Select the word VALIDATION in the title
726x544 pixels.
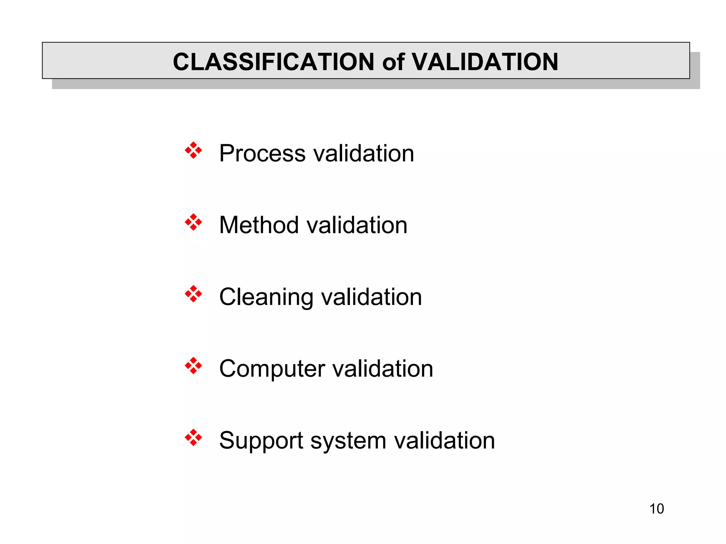coord(485,62)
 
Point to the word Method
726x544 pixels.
coord(259,225)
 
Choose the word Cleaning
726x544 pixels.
coord(266,297)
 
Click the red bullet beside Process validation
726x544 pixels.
coord(193,151)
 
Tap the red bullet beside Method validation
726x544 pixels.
coord(193,222)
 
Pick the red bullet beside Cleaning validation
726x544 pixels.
coord(193,294)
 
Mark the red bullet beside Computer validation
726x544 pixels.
coord(193,366)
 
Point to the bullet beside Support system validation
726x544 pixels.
coord(193,438)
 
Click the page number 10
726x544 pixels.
coord(657,509)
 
